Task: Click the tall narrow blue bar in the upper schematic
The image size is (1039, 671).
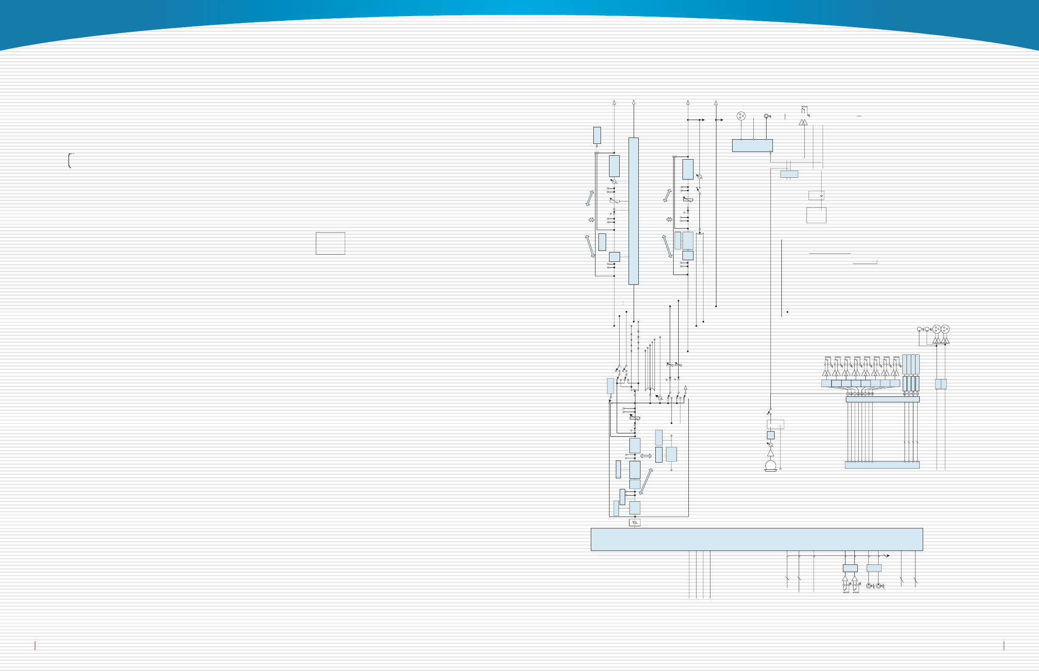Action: point(633,211)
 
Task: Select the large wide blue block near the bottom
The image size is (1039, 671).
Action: point(756,539)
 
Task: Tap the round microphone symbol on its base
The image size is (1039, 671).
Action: point(770,465)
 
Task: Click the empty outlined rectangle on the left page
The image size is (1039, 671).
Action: point(330,243)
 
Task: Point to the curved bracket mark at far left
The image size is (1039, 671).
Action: point(70,160)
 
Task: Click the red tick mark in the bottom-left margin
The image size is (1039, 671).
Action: point(35,645)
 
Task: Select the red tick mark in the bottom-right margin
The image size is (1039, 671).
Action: point(1004,645)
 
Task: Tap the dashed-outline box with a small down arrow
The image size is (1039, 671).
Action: point(816,195)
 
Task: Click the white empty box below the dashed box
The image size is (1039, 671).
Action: point(816,215)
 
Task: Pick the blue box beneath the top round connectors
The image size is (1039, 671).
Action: point(752,146)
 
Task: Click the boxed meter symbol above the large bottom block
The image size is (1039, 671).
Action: point(635,522)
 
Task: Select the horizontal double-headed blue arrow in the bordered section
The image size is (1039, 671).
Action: point(646,456)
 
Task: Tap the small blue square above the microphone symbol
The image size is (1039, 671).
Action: point(770,435)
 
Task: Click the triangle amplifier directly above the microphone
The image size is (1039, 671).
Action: point(770,453)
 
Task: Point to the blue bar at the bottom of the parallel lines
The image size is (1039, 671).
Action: point(882,465)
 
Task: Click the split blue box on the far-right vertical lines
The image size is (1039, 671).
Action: point(941,384)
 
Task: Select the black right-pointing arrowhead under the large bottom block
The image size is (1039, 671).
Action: point(888,556)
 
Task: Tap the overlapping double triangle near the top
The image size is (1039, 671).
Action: point(803,122)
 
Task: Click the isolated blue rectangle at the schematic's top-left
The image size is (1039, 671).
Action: point(597,135)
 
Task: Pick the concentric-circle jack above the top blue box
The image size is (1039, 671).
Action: point(766,116)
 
